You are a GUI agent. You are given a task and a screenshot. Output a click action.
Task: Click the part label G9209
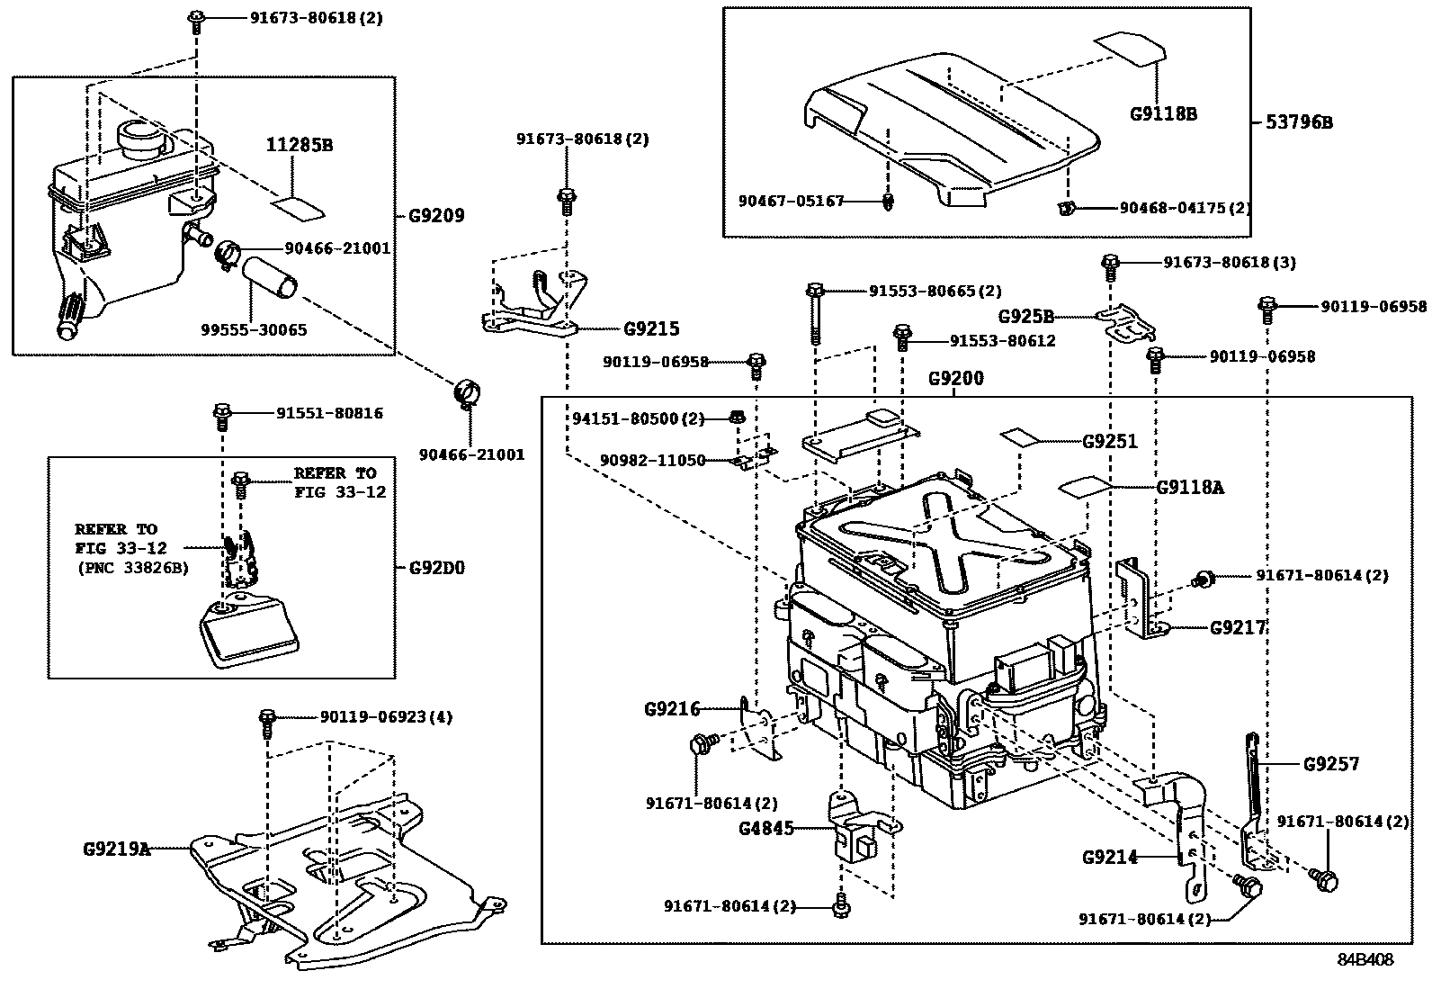click(x=436, y=216)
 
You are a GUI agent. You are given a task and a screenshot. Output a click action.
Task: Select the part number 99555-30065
click(x=254, y=330)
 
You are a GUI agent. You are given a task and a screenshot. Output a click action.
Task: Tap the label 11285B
click(x=300, y=145)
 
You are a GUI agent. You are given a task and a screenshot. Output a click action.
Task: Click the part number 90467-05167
click(x=792, y=202)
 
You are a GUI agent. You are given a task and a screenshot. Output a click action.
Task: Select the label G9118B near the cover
click(x=1163, y=114)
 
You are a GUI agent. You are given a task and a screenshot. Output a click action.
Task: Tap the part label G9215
click(x=652, y=329)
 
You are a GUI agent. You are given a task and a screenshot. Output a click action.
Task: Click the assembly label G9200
click(x=955, y=379)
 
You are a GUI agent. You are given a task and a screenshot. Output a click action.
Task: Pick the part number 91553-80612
click(x=1002, y=341)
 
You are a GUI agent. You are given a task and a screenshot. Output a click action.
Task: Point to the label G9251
click(x=1109, y=442)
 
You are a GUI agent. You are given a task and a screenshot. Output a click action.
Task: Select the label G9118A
click(x=1190, y=488)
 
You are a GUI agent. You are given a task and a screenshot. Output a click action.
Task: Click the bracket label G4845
click(x=767, y=828)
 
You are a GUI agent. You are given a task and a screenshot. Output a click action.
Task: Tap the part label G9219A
click(x=117, y=849)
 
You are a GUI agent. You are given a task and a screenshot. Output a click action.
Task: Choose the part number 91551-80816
click(x=329, y=414)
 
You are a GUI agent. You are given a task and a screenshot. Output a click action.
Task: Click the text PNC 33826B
click(x=132, y=567)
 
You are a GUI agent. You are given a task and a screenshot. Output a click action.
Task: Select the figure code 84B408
click(x=1364, y=959)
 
